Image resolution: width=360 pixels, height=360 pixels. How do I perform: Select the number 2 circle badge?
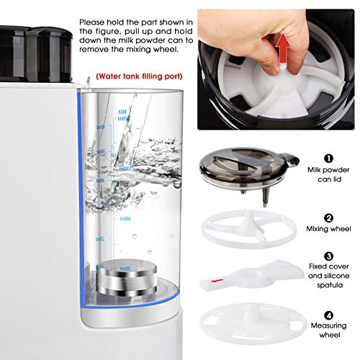(x=328, y=217)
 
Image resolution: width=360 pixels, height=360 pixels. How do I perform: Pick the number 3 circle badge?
(x=328, y=255)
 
